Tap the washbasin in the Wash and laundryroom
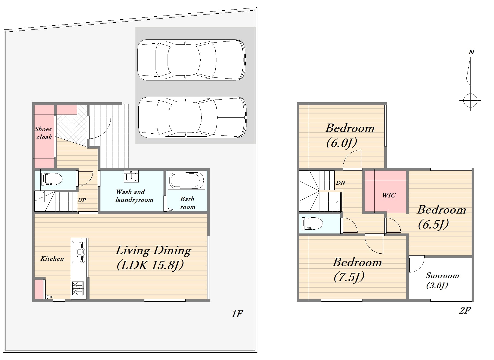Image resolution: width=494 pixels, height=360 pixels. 131,176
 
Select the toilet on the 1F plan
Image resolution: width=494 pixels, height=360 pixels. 52,179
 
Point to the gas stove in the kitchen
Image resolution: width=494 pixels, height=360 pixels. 78,288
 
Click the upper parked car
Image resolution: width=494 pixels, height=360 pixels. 191,60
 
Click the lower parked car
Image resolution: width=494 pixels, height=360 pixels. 192,117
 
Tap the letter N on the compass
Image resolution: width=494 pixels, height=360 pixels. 471,52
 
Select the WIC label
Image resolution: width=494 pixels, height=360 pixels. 389,195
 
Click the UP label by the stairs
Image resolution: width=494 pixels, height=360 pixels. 82,200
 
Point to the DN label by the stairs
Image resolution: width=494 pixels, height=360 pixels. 341,183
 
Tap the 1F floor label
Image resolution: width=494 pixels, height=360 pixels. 237,314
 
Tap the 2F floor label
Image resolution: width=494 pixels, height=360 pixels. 465,310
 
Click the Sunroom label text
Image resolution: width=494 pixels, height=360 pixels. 442,275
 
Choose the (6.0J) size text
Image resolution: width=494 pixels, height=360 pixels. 341,143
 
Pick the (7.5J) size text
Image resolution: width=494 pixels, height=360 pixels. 349,277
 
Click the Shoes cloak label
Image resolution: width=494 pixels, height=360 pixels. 43,133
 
